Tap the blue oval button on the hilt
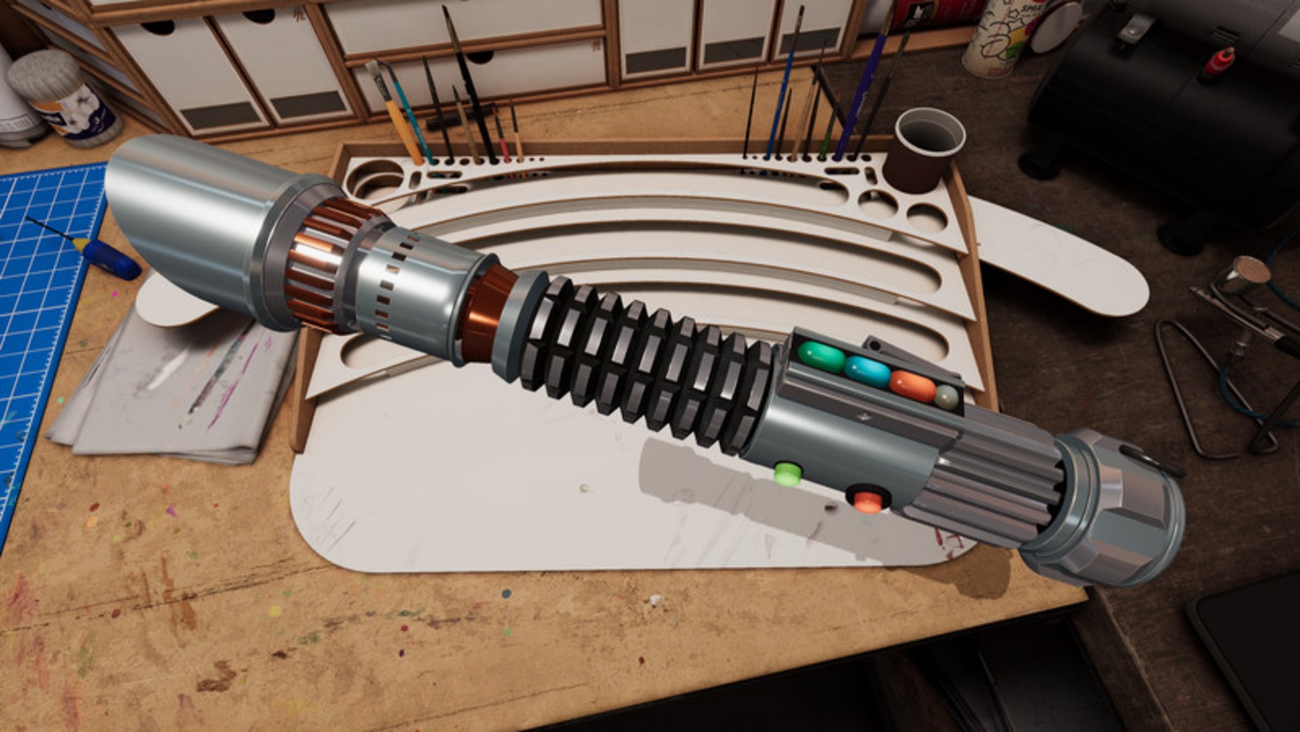tap(867, 371)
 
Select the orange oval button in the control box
tap(912, 386)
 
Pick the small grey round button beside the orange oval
tap(947, 397)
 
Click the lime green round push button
tap(787, 474)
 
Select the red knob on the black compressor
tap(1218, 64)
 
